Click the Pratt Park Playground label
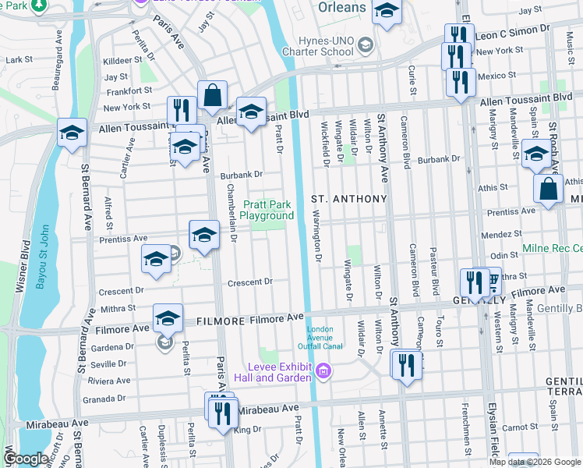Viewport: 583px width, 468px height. (267, 210)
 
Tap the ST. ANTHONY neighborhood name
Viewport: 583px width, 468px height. (349, 199)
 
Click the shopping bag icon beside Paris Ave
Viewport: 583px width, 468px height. (212, 97)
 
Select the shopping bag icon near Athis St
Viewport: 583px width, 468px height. (549, 190)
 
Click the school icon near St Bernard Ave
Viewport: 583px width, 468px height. (72, 133)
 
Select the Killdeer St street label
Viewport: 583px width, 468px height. (118, 60)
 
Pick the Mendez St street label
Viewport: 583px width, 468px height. (502, 233)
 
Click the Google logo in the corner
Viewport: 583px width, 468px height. (25, 459)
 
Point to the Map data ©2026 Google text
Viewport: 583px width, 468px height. (535, 462)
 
